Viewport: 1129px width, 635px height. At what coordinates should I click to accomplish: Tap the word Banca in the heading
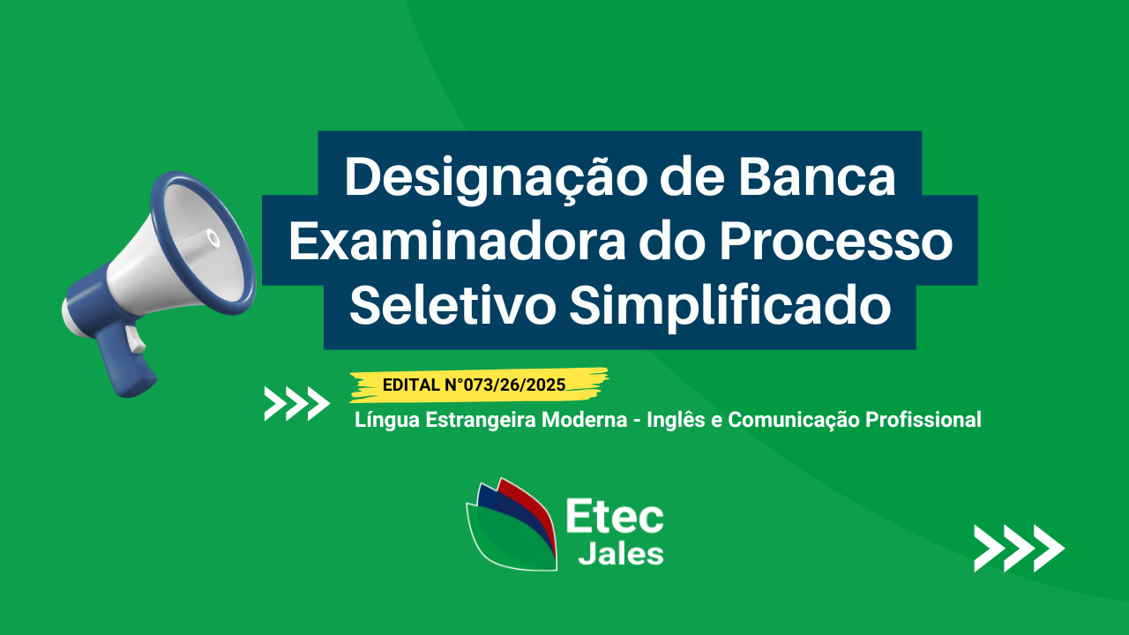pos(818,177)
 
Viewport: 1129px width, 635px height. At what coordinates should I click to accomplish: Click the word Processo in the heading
pos(836,242)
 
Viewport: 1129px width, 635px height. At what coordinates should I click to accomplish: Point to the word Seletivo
pos(452,305)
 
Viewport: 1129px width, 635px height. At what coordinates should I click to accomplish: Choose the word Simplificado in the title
pos(730,308)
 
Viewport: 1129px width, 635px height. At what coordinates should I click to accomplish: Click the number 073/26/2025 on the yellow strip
pos(514,385)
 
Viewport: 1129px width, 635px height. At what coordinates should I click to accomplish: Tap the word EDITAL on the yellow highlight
pos(411,385)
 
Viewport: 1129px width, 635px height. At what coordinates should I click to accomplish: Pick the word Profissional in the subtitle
pos(923,419)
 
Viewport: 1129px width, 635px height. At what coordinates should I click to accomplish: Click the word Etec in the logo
pos(615,516)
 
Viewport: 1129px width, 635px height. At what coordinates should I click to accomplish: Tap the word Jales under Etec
pos(620,554)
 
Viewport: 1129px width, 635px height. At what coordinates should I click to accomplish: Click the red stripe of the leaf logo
pos(535,509)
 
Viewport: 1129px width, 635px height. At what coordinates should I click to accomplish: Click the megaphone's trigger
pos(135,340)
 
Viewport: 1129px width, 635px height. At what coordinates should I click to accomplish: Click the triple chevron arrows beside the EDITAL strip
pos(297,404)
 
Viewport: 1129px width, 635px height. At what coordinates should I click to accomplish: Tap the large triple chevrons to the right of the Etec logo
pos(1019,549)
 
